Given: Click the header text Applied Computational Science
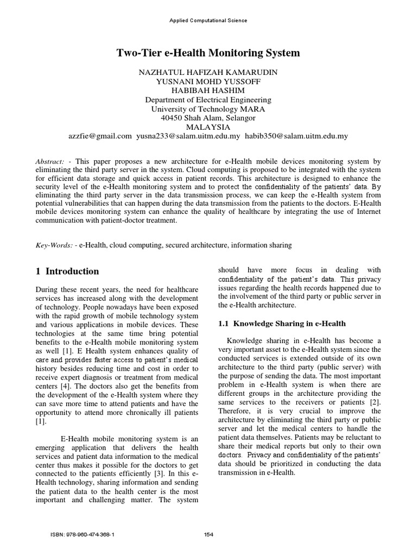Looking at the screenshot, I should pos(208,21).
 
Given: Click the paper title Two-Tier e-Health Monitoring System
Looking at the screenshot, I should pos(208,53).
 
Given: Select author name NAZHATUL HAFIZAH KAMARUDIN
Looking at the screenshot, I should pos(208,72).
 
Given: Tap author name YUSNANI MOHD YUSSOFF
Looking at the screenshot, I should pos(208,81).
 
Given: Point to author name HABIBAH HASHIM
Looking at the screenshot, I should pos(208,91).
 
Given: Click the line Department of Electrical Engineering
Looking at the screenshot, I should pos(208,100).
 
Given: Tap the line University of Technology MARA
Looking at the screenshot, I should pos(208,109).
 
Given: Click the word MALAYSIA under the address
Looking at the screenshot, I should pos(208,127).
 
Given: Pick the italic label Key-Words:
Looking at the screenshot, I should pos(53,245).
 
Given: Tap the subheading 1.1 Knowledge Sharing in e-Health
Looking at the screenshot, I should pos(282,324).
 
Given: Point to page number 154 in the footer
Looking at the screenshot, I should pos(208,535).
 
